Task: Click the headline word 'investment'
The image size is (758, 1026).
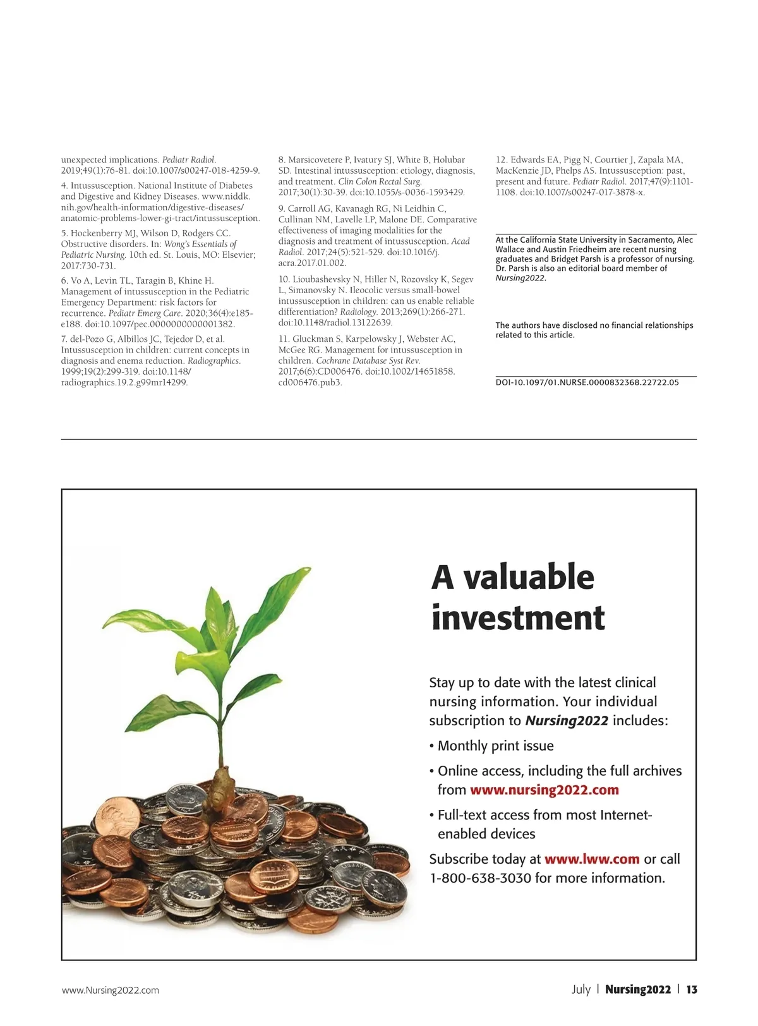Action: point(518,618)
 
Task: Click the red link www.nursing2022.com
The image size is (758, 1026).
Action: point(544,790)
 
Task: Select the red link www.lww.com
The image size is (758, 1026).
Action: point(592,859)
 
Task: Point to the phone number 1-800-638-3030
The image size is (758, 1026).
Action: point(480,878)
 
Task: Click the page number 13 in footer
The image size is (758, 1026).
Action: point(692,989)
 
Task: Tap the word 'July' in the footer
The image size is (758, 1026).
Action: point(581,989)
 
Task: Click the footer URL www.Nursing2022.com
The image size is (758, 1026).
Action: point(111,990)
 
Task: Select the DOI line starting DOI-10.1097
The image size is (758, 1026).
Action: point(587,382)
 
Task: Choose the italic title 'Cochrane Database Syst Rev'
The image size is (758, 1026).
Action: point(368,361)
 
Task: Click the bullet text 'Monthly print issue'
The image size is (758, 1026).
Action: point(495,746)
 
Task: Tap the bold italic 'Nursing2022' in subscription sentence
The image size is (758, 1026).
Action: point(567,721)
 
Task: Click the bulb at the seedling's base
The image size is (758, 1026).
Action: point(222,781)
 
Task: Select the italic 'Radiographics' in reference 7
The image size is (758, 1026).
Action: point(214,361)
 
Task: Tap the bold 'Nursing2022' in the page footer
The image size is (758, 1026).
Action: point(638,989)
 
